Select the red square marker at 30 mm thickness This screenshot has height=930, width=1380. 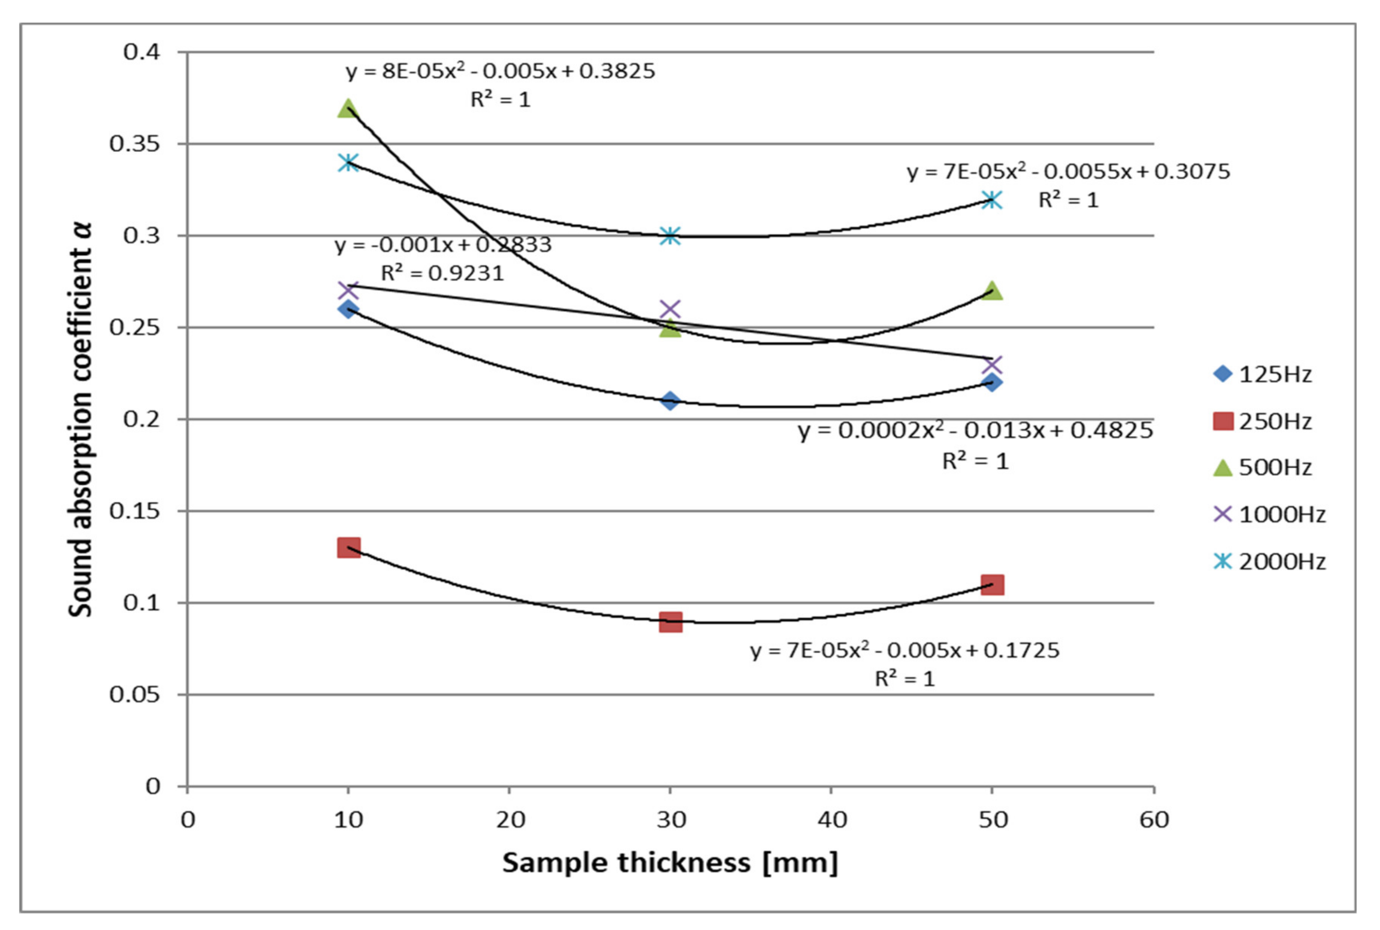670,622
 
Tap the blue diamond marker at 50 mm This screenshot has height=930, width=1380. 992,382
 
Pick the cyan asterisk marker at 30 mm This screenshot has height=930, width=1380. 670,236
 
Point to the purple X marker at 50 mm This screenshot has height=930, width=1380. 992,364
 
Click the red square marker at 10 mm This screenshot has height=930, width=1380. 348,547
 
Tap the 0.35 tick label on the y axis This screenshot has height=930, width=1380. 135,144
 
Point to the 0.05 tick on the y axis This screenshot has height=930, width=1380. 135,694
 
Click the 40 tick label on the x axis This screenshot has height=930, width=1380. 831,820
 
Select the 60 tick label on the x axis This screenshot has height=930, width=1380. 1154,820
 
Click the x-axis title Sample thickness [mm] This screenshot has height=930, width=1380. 670,863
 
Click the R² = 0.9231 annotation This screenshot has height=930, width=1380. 442,273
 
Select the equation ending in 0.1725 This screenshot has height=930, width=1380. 905,651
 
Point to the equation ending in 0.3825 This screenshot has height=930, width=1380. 500,71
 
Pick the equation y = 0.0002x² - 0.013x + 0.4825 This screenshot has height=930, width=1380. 975,431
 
